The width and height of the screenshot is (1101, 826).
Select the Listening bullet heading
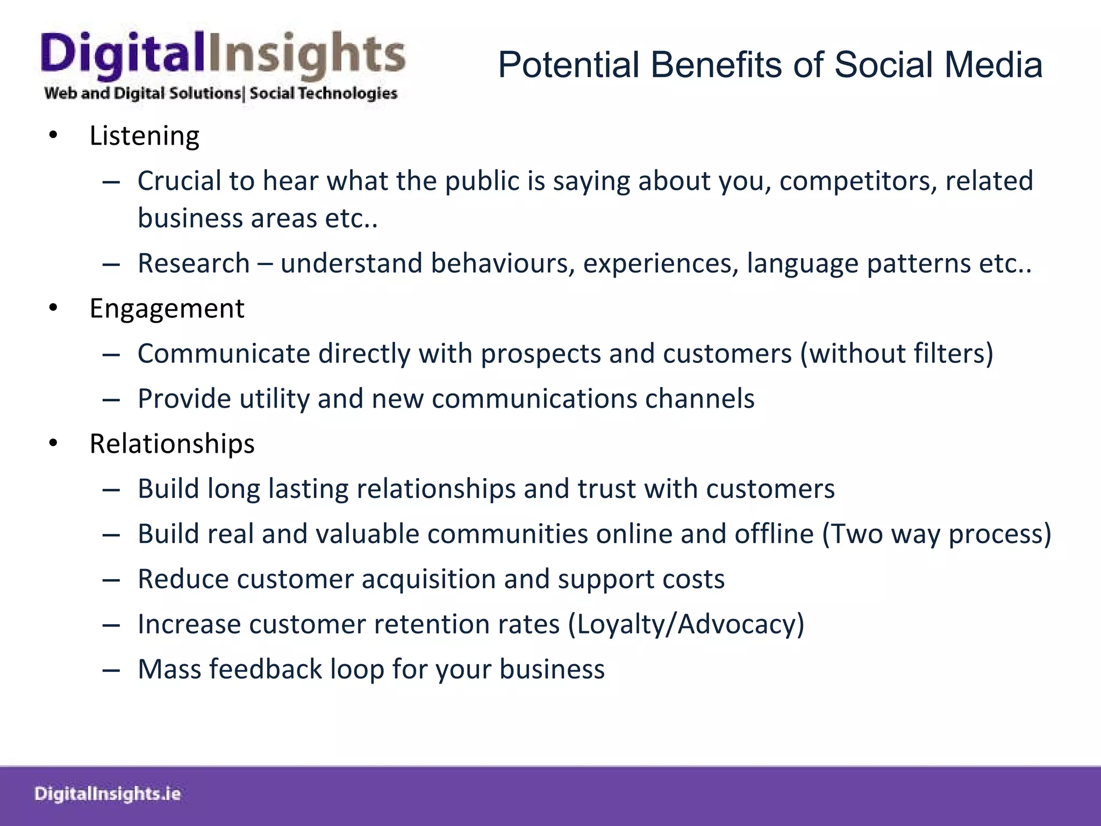coord(144,136)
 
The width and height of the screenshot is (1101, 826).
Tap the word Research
coord(194,264)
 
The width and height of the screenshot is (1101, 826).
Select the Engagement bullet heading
coord(167,309)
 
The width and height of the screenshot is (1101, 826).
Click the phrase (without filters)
coord(896,354)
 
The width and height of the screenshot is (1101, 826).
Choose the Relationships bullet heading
coord(172,444)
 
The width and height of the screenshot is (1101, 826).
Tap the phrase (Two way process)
coord(936,534)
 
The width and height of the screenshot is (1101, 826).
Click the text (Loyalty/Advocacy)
coord(686,624)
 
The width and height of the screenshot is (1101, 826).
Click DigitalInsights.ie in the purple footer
coord(108,794)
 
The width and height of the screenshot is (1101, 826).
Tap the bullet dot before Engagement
coord(53,309)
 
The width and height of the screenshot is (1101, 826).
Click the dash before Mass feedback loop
coord(111,670)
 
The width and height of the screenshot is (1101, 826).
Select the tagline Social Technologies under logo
coord(323,94)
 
